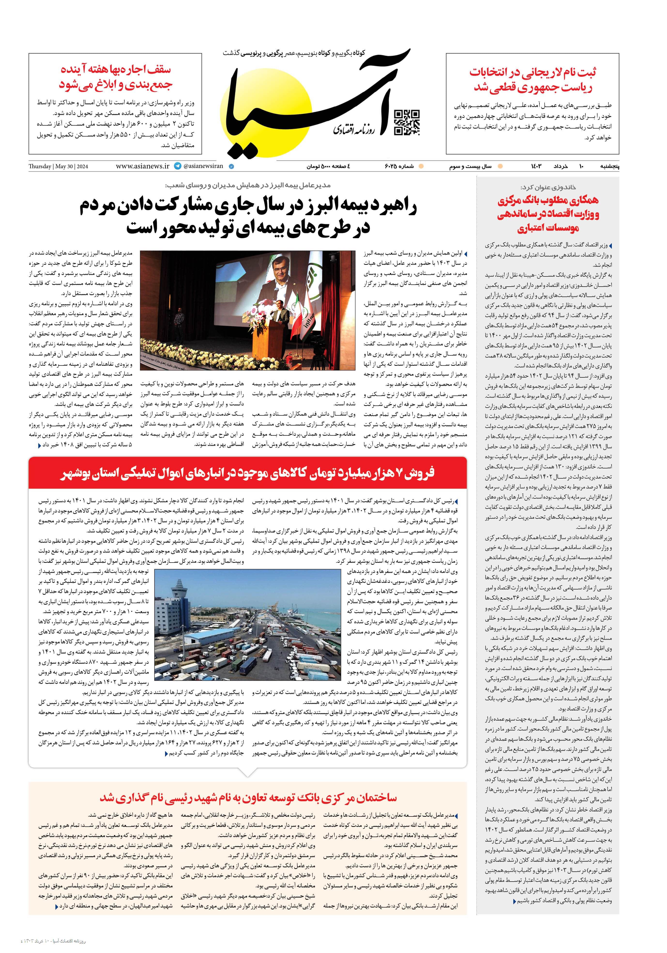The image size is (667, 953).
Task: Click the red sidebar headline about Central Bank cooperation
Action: coord(548,214)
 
